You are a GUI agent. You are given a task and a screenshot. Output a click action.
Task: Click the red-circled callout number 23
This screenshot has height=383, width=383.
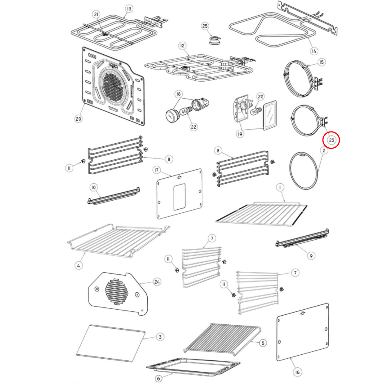331,140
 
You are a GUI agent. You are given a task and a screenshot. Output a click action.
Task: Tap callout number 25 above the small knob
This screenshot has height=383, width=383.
205,26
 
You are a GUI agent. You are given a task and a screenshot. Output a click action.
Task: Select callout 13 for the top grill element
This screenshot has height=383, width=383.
129,9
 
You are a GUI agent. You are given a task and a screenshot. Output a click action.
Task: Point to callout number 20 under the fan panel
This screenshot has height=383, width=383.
78,119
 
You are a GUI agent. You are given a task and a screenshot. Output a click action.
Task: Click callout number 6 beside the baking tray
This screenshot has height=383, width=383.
159,378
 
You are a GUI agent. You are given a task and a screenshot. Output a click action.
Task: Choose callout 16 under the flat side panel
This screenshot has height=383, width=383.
297,372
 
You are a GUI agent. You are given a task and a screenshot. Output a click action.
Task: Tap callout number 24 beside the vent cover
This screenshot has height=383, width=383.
157,282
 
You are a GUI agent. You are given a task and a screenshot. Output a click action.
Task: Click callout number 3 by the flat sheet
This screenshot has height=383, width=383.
160,337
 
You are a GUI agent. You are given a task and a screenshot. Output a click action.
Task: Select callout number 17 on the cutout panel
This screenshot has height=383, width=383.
157,170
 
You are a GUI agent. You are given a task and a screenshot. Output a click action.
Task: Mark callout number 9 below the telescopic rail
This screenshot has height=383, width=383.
311,256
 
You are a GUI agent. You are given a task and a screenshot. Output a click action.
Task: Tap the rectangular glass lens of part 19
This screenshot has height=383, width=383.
270,115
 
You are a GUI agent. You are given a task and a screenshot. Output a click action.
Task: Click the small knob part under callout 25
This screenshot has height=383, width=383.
214,40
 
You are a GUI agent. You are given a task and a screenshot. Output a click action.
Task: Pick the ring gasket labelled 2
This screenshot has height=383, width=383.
303,171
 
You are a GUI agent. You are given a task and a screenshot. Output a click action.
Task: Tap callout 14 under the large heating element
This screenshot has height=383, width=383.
314,51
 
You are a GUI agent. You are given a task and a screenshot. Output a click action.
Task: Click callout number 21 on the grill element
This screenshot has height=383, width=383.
96,14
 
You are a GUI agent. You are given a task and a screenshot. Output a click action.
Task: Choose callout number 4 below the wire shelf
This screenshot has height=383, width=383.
79,265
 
